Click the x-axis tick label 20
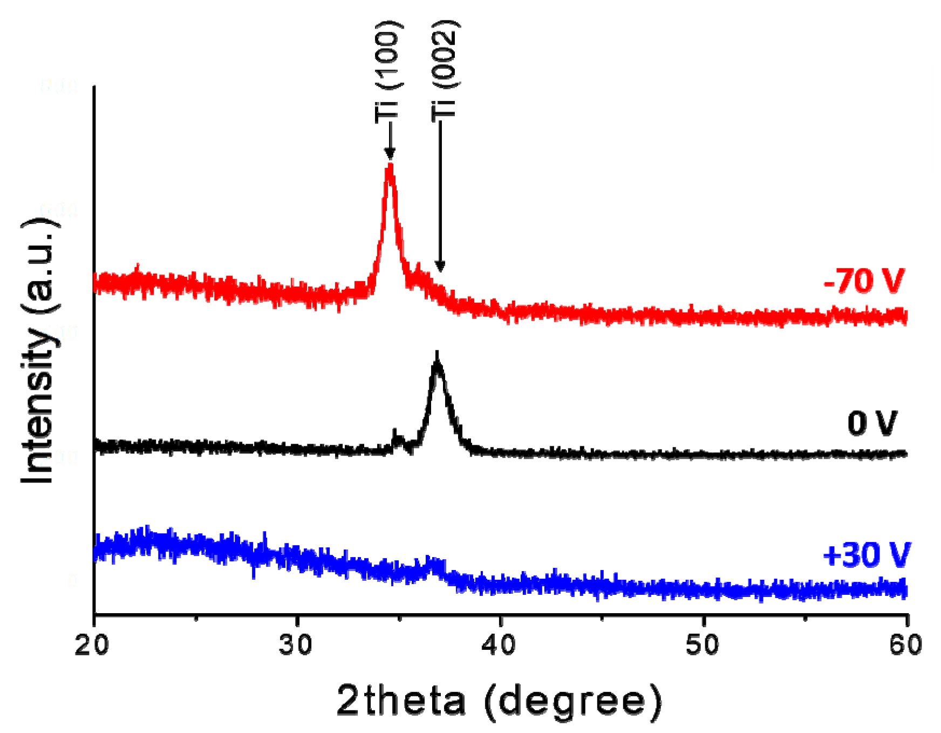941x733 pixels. pos(92,645)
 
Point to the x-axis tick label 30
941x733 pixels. pos(296,645)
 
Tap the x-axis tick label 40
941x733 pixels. pos(499,645)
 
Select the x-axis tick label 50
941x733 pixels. pos(703,645)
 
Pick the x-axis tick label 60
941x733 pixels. pos(906,645)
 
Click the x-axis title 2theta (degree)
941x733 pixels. pos(499,701)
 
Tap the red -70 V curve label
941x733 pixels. pos(864,281)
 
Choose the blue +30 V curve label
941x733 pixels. pos(867,555)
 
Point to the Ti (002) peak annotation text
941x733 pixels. pos(445,71)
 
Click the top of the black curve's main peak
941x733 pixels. pos(437,356)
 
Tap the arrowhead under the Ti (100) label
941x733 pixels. pos(390,155)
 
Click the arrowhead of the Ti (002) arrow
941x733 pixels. pos(440,267)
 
